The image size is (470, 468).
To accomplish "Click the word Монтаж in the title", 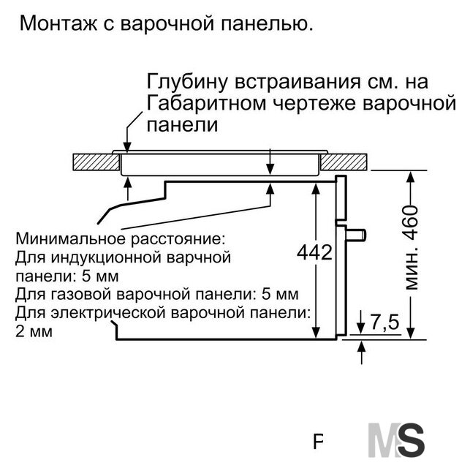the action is pyautogui.click(x=58, y=23).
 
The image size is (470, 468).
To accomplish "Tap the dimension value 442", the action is pyautogui.click(x=315, y=252).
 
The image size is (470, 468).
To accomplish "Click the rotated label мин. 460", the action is pyautogui.click(x=411, y=247).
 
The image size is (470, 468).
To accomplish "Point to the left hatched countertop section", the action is pyautogui.click(x=96, y=162).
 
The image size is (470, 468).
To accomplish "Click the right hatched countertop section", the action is pyautogui.click(x=344, y=162).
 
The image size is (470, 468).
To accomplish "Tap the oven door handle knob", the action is pyautogui.click(x=356, y=234).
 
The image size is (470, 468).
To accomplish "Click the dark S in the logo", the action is pyautogui.click(x=412, y=439).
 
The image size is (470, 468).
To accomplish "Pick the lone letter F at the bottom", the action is pyautogui.click(x=318, y=442).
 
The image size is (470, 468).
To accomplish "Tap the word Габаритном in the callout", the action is pyautogui.click(x=207, y=103).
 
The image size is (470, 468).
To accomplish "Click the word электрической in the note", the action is pyautogui.click(x=108, y=313).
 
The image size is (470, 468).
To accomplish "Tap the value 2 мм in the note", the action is pyautogui.click(x=34, y=331).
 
